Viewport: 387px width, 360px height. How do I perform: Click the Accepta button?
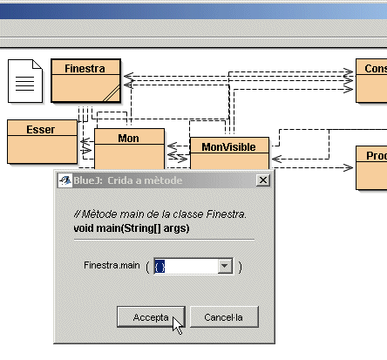151,317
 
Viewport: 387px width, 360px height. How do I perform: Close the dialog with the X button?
263,180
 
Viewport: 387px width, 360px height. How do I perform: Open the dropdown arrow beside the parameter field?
225,266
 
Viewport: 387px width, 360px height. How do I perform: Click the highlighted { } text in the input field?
160,266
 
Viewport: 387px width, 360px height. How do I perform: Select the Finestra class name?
85,69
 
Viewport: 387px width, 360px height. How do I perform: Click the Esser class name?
41,130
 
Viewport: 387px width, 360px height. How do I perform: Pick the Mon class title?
128,139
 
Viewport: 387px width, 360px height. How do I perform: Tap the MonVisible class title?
229,147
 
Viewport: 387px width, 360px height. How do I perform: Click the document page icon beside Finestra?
25,81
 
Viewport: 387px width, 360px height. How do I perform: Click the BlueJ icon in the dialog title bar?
65,180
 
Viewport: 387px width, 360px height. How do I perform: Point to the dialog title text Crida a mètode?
145,180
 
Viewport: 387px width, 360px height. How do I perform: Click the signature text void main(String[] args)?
132,228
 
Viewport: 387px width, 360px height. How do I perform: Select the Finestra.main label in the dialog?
112,265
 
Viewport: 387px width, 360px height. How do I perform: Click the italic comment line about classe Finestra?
160,214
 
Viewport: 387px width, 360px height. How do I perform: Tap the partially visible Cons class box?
371,81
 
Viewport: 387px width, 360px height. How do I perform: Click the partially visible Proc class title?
377,156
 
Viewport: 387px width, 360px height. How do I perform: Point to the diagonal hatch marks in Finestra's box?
112,93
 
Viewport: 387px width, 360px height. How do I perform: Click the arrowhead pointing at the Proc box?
348,167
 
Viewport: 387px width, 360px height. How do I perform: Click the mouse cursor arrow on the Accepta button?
177,325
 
